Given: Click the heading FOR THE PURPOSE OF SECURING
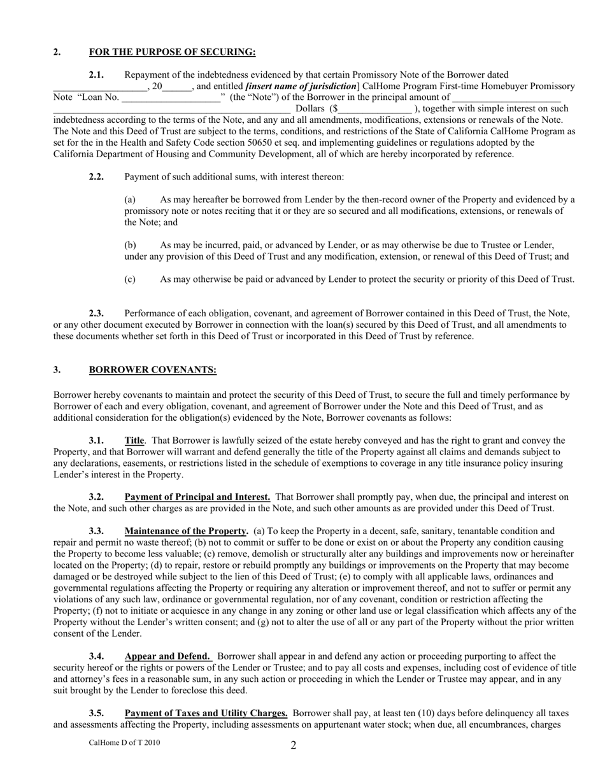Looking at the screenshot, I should click(172, 52).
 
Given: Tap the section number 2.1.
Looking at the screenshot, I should click(96, 75).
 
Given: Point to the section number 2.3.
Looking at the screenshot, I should click(96, 313).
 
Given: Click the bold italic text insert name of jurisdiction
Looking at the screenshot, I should click(301, 86).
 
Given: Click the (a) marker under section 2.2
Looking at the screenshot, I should click(130, 199).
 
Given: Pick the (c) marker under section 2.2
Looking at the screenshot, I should click(130, 279).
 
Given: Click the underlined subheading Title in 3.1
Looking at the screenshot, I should click(134, 441).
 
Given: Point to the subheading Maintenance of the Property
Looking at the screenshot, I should click(186, 531).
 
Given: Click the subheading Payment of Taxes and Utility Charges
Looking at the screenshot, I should click(206, 714).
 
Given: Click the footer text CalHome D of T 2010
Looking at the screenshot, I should click(125, 743).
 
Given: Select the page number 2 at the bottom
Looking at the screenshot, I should click(294, 745).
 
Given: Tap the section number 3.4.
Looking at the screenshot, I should click(96, 656).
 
